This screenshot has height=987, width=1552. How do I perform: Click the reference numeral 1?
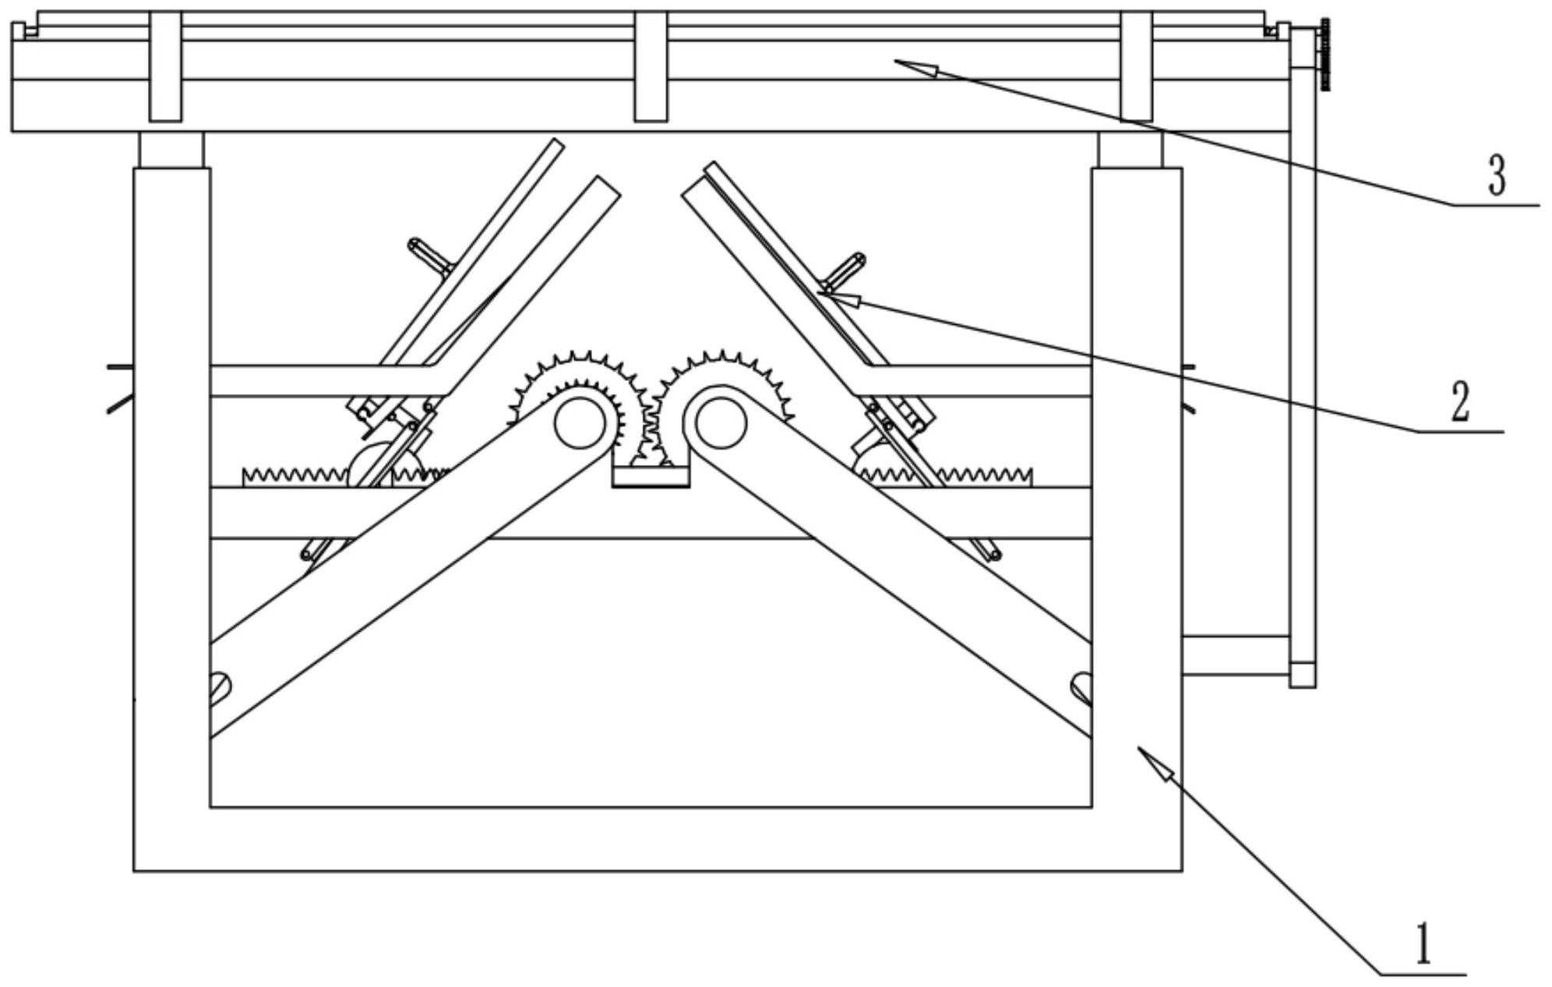[1423, 943]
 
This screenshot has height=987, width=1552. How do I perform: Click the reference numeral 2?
[1459, 402]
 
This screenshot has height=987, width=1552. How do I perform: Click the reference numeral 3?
[1497, 175]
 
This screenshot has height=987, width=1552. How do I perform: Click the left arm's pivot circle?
[580, 423]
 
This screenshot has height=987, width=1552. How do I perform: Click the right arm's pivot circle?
[721, 423]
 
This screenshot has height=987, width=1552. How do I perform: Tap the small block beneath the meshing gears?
[651, 476]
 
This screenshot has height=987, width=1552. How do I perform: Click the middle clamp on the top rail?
[651, 66]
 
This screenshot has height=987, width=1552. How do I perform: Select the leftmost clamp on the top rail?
[165, 66]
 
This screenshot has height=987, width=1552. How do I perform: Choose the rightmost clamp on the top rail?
[1137, 66]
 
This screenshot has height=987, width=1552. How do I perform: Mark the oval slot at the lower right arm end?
[1081, 687]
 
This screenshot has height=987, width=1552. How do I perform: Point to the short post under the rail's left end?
[171, 150]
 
